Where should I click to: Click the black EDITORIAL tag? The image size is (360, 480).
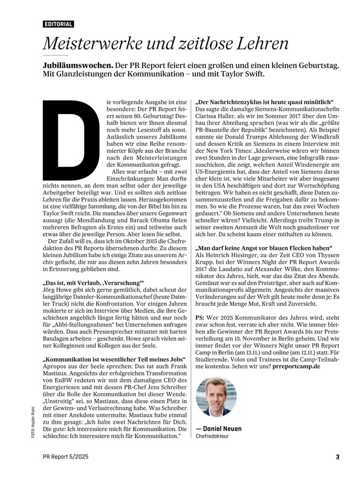tap(58, 25)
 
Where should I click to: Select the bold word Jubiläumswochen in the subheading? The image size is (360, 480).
tap(78, 64)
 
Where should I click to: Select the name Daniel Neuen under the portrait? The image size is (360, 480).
tap(222, 428)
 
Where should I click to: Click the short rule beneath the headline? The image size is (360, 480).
tap(55, 56)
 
